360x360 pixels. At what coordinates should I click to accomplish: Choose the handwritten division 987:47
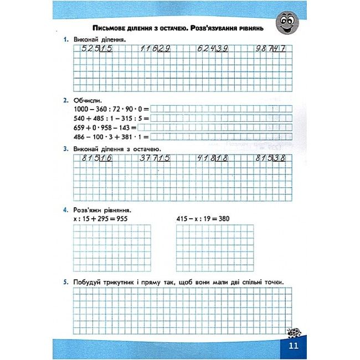(x=271, y=49)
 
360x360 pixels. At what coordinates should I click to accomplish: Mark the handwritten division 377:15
(x=155, y=158)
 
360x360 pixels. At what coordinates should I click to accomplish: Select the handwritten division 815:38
(x=271, y=158)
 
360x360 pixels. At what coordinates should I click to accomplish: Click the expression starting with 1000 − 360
(x=111, y=109)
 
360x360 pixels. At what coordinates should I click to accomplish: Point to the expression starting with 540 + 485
(x=111, y=118)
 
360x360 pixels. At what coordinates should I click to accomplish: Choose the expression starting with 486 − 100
(x=111, y=136)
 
